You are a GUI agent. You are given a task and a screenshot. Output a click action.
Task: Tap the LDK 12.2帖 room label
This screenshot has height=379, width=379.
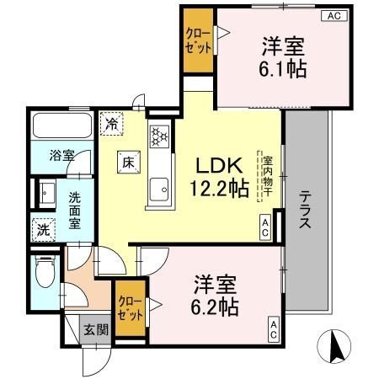point(221,178)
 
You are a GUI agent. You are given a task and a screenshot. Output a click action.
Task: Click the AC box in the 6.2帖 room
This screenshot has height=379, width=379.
point(275,329)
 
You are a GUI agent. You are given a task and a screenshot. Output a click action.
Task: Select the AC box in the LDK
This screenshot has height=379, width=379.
point(264,227)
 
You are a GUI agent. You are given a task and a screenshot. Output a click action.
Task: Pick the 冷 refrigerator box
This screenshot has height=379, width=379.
point(113,123)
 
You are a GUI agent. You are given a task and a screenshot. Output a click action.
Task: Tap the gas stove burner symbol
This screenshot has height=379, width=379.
point(159,134)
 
